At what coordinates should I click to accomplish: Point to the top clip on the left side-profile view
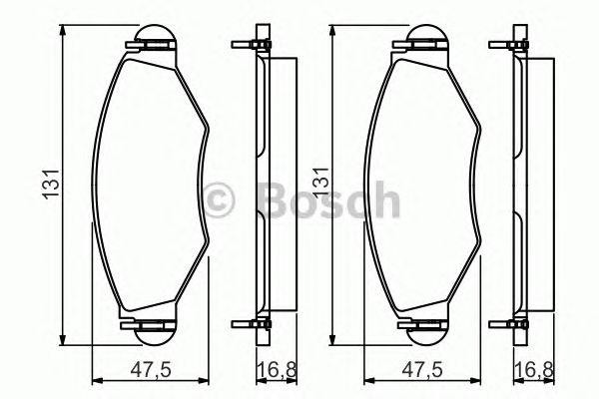(x=251, y=45)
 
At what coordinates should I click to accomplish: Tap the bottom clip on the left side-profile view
(x=251, y=323)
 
